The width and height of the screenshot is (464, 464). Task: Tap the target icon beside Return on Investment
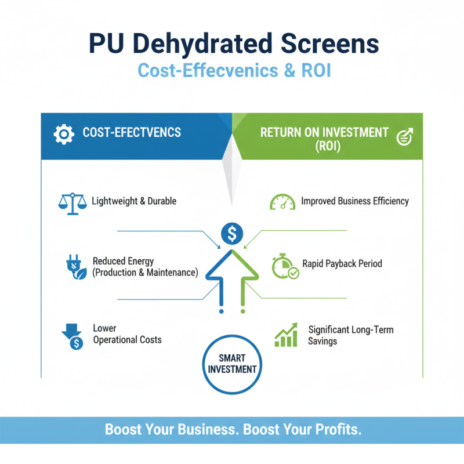[x=403, y=137]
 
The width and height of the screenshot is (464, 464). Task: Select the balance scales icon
[x=72, y=202]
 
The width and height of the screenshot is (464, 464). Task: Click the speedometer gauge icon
[x=282, y=202]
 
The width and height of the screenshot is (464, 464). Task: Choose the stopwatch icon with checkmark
[x=284, y=266]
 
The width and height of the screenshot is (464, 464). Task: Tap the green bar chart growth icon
[x=286, y=335]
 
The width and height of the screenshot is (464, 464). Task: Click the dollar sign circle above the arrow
[x=232, y=234]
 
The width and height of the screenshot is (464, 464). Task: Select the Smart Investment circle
[x=232, y=363]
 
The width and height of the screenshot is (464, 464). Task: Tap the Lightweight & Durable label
[x=134, y=201]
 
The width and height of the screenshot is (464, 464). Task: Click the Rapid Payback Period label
[x=342, y=263]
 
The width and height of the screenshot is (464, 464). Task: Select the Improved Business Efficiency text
[x=355, y=201]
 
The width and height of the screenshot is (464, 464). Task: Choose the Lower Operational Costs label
[x=127, y=335]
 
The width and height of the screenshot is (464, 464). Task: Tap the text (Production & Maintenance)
[x=145, y=272]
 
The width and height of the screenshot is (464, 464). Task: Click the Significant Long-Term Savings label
[x=350, y=335]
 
